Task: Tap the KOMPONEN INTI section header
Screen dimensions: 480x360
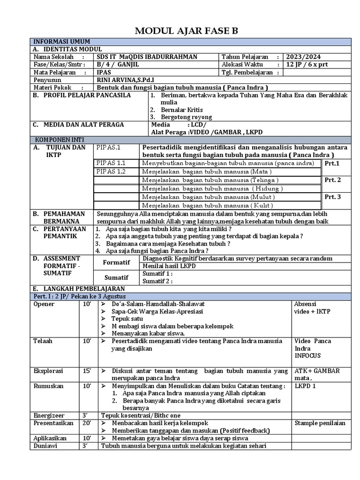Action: pos(55,140)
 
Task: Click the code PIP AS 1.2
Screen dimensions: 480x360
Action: pos(111,172)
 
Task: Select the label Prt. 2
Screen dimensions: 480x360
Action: pos(332,180)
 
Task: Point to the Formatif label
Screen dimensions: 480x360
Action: pos(117,262)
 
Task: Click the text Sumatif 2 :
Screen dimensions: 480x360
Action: pos(157,281)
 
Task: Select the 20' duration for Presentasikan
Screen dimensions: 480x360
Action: pos(87,423)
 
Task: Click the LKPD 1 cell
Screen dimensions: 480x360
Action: pos(306,386)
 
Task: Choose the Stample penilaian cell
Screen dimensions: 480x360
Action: pos(320,423)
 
